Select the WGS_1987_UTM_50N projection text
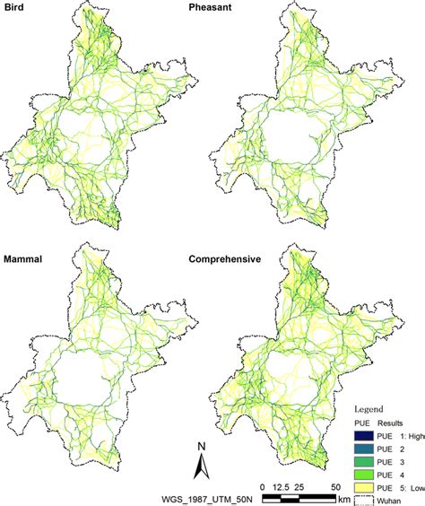click(x=190, y=498)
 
